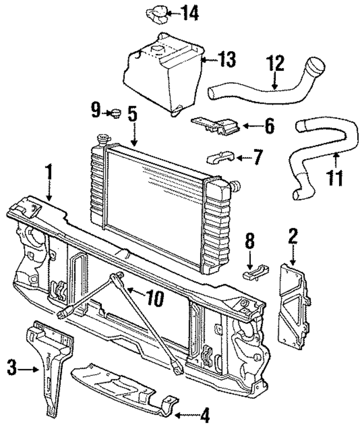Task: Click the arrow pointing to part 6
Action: click(x=251, y=126)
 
